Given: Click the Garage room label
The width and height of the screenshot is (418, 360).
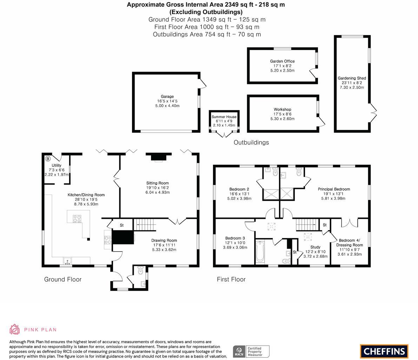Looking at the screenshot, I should pos(167,97).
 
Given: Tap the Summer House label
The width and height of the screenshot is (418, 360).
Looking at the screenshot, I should pos(224,117).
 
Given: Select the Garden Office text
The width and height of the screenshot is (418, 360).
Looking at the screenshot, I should pos(282,61).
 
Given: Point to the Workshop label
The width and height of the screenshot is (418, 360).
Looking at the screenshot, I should pos(282,110).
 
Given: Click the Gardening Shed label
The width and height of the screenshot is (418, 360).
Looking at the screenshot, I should pos(352,78).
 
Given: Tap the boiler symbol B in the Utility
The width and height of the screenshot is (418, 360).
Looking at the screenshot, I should pos(48,159).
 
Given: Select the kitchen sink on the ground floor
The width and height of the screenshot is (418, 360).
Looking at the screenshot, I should pos(67,261).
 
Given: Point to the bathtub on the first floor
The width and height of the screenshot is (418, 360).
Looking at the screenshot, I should pos(260,251).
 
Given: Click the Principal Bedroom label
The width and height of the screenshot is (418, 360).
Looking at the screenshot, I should pos(334,189).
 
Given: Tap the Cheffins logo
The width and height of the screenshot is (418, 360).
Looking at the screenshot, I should pos(384,351).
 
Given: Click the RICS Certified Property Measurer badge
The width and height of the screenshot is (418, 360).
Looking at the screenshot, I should pos(251,351).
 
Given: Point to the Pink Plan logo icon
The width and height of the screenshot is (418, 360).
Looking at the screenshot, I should pos(14,329).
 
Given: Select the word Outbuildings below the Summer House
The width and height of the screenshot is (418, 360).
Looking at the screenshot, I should pos(251,142).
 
